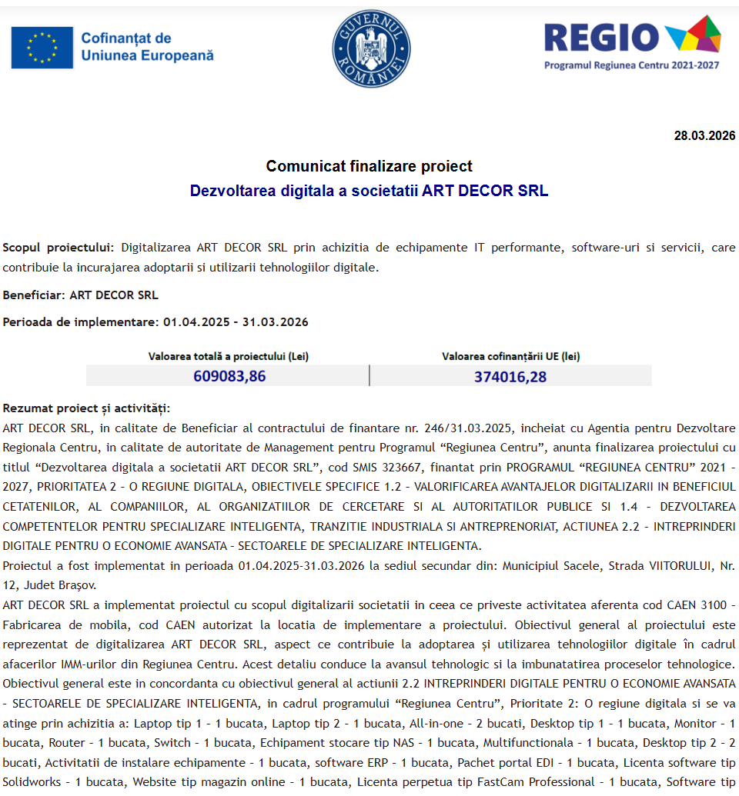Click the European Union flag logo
pyautogui.click(x=42, y=48)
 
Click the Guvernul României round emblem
pyautogui.click(x=371, y=48)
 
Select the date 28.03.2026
pyautogui.click(x=704, y=136)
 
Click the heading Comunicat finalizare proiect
pyautogui.click(x=369, y=166)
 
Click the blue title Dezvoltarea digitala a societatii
pyautogui.click(x=369, y=191)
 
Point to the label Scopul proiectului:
pyautogui.click(x=58, y=248)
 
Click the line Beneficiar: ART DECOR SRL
pyautogui.click(x=80, y=295)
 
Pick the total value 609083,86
pyautogui.click(x=229, y=376)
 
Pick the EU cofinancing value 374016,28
pyautogui.click(x=510, y=376)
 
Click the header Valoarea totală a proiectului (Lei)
pyautogui.click(x=229, y=356)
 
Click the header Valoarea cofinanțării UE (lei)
pyautogui.click(x=510, y=356)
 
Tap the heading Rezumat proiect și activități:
pyautogui.click(x=86, y=408)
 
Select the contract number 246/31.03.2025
pyautogui.click(x=472, y=428)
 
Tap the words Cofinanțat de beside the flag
pyautogui.click(x=125, y=38)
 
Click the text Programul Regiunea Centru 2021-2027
pyautogui.click(x=631, y=65)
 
